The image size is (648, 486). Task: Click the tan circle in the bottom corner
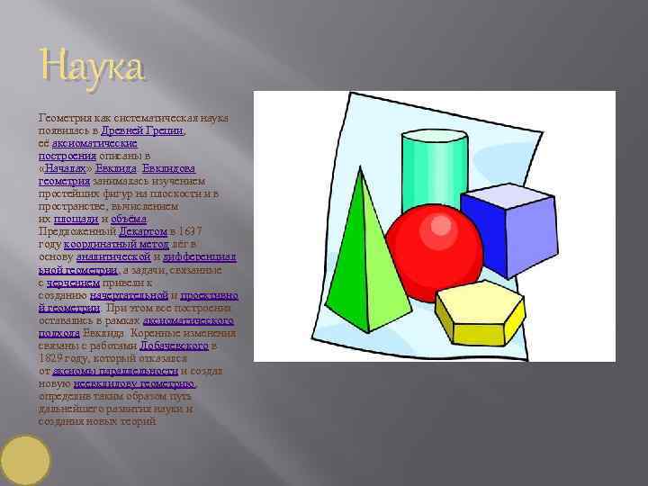pyautogui.click(x=25, y=460)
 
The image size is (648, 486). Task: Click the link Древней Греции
pyautogui.click(x=155, y=130)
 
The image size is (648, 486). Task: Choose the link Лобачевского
pyautogui.click(x=175, y=345)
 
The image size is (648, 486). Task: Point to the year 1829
pyautogui.click(x=53, y=357)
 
